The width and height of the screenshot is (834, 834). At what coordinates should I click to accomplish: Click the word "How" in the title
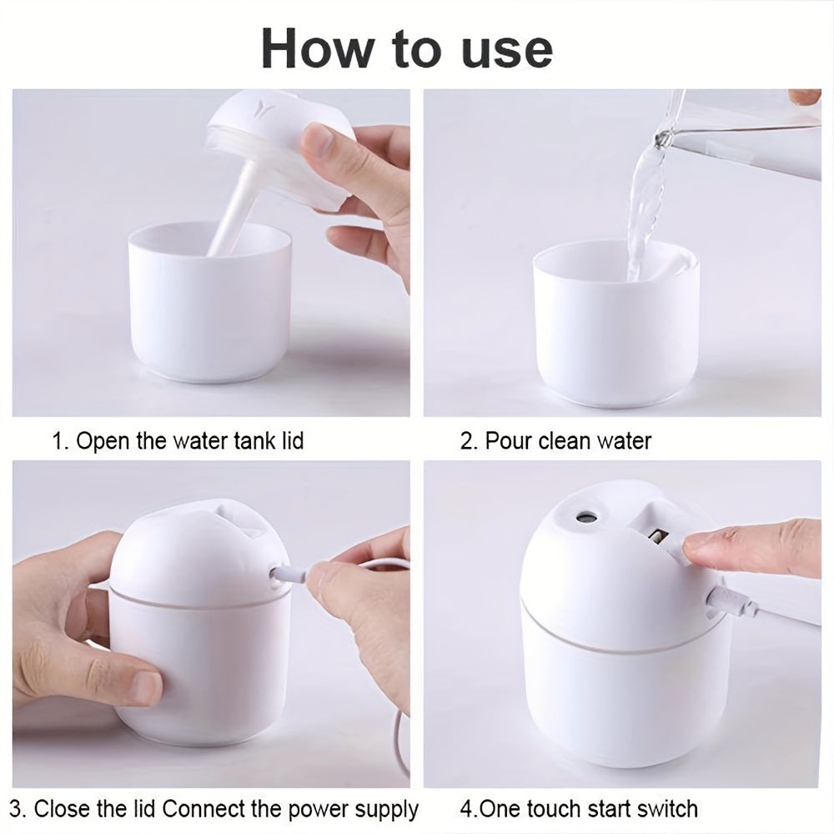point(314,49)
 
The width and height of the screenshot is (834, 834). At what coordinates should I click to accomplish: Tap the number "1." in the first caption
point(61,440)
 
